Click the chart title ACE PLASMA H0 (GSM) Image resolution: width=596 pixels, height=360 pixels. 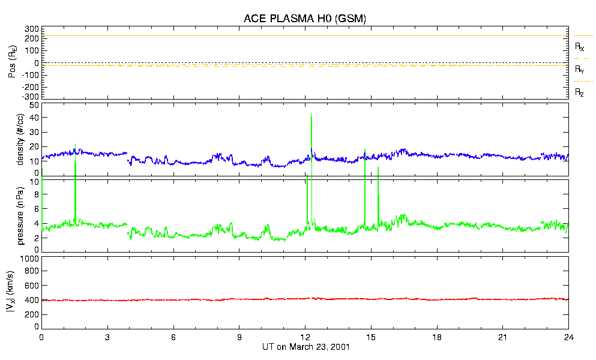point(305,19)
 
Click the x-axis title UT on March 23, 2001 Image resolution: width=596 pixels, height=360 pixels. point(306,347)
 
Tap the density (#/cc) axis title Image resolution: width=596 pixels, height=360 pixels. point(20,140)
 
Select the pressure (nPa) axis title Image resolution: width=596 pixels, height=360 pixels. point(20,215)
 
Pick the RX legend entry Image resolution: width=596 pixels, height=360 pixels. point(580,46)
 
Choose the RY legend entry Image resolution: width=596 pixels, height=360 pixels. point(580,70)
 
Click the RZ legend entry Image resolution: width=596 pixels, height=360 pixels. point(580,92)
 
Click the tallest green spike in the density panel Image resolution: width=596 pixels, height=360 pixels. point(311,114)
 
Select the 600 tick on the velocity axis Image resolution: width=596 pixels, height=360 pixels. point(32,286)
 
